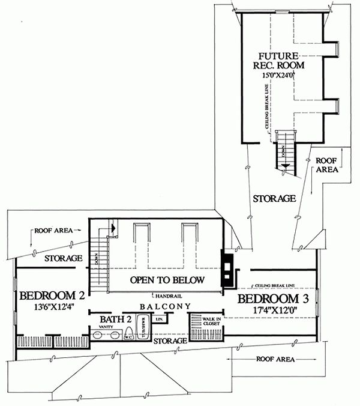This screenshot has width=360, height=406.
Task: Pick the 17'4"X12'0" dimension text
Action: click(x=276, y=311)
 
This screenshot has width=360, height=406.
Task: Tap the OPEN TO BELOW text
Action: click(x=168, y=279)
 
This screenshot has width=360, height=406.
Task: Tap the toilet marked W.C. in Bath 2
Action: click(x=128, y=337)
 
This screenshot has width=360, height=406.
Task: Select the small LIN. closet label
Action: click(x=160, y=320)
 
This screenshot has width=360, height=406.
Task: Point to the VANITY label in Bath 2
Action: click(x=98, y=327)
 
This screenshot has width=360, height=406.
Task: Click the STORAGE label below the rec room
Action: click(x=273, y=198)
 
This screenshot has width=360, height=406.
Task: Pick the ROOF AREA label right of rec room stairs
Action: click(x=326, y=165)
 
